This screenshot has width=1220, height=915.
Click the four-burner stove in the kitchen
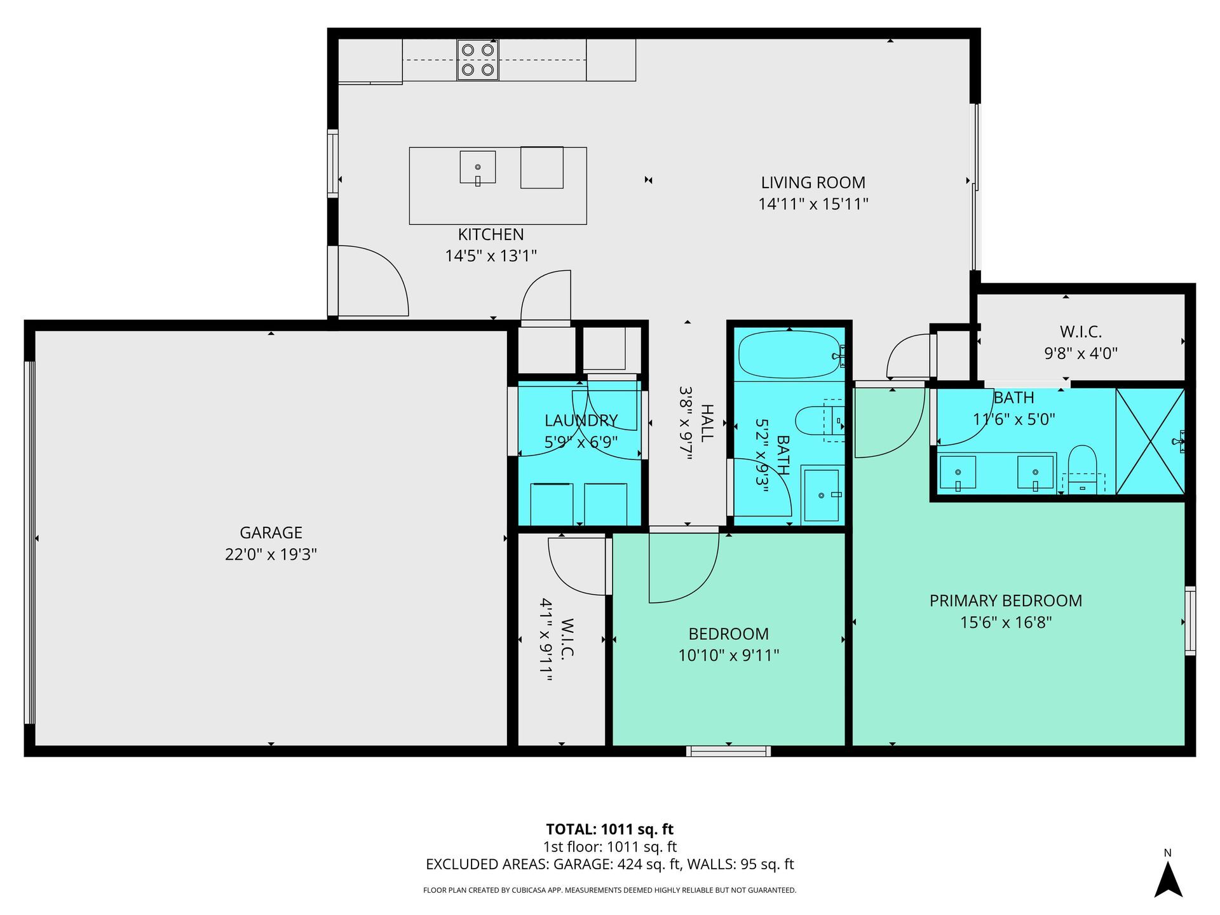(478, 60)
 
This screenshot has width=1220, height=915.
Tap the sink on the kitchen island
(478, 167)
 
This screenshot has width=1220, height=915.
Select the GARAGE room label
(271, 532)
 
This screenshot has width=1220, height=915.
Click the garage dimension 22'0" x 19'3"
(271, 554)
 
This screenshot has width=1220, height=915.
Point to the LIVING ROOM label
(813, 182)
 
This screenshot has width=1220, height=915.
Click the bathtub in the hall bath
(789, 354)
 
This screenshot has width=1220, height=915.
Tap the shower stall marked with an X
(1150, 441)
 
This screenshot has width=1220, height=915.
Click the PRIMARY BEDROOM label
(1005, 600)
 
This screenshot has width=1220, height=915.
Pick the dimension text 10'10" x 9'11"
(728, 655)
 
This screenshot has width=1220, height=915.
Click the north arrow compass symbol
(1168, 877)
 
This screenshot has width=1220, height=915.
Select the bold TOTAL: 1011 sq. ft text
(609, 829)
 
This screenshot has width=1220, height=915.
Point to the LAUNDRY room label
(581, 421)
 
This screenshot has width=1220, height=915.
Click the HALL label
(707, 423)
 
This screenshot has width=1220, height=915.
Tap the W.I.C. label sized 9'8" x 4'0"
(1080, 332)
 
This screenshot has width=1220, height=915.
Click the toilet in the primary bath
(1082, 469)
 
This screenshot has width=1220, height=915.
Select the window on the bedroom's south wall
(728, 751)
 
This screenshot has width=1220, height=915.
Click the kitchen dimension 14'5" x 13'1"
(491, 256)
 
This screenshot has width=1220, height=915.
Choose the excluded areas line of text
(609, 864)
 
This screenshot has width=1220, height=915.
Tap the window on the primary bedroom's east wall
(1190, 621)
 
